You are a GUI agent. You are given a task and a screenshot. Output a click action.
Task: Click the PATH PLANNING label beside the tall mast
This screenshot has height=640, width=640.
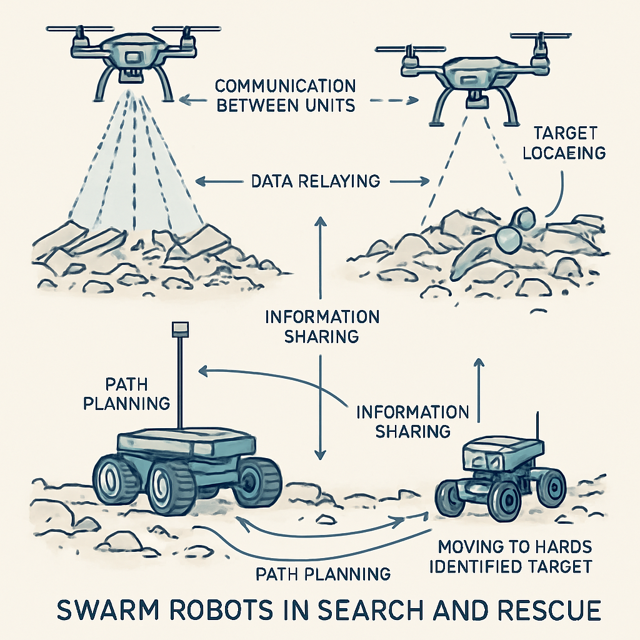(127, 392)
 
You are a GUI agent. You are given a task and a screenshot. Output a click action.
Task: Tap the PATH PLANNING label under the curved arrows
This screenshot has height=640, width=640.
(323, 573)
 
